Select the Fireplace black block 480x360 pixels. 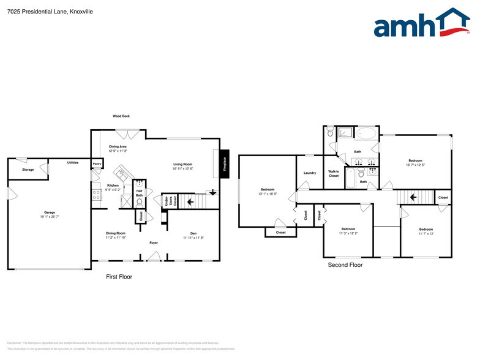225,164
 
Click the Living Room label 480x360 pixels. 182,164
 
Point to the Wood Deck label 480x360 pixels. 121,116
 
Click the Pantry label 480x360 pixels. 97,164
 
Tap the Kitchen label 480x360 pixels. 113,186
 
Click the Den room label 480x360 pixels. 193,233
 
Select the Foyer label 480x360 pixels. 155,242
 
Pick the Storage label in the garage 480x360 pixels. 28,169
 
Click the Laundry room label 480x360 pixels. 310,173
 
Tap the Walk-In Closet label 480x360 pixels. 334,173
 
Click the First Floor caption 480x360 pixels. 119,277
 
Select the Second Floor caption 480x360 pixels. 345,265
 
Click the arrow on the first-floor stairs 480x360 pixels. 190,200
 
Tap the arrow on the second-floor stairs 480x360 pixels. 413,197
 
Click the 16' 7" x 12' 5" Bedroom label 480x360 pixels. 415,161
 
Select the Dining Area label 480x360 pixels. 118,147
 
